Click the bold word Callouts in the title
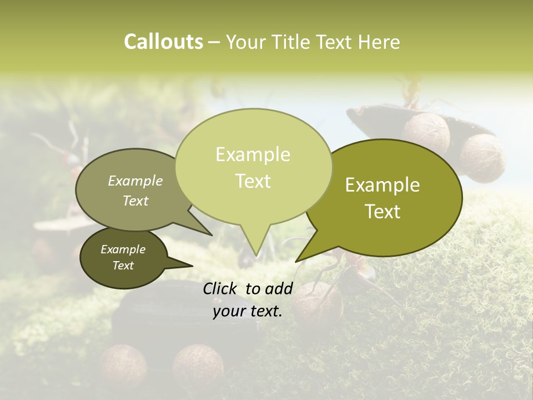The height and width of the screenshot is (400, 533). click(x=163, y=42)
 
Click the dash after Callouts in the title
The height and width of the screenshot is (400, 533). click(x=214, y=42)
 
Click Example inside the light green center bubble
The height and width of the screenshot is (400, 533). click(x=253, y=154)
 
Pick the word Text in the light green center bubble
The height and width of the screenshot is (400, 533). click(x=253, y=181)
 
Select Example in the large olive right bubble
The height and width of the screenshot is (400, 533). click(x=383, y=185)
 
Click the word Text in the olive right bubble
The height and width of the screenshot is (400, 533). click(x=383, y=212)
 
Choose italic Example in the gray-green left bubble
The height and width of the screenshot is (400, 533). click(x=135, y=181)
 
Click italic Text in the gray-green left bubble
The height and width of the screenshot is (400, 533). click(x=135, y=201)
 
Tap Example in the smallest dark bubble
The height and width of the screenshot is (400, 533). click(x=123, y=249)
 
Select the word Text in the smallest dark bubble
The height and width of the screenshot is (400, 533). click(x=123, y=266)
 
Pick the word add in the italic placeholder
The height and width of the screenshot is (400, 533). click(x=279, y=288)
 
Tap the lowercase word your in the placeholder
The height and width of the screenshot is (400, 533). click(x=229, y=312)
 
